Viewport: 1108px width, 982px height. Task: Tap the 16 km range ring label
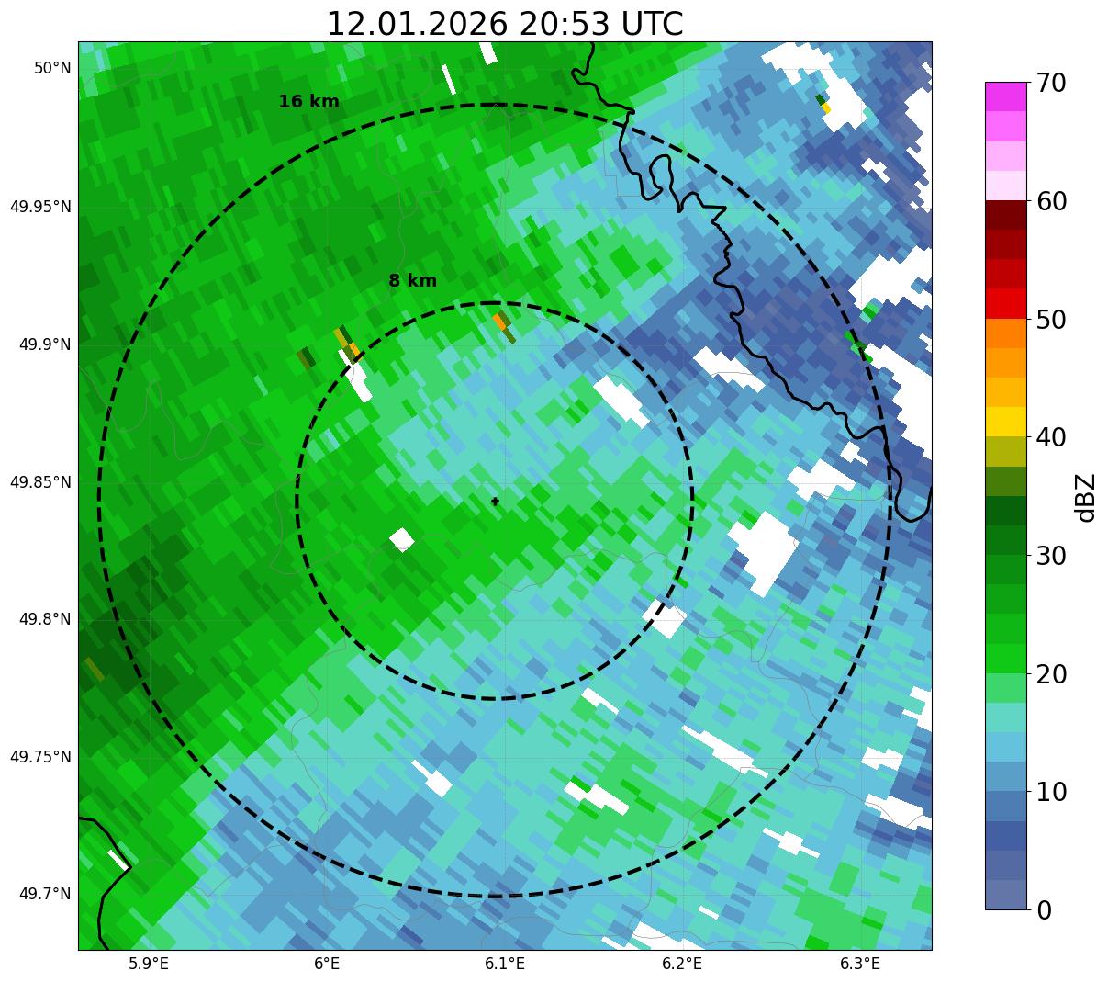pos(308,102)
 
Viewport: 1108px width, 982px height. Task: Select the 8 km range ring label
pos(412,281)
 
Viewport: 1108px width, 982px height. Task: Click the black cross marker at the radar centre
pos(495,501)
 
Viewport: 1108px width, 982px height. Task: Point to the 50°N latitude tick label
pos(52,68)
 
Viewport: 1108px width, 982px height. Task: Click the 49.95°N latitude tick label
pos(40,207)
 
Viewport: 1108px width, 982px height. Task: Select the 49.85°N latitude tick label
pos(40,482)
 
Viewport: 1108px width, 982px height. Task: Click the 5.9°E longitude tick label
pos(148,964)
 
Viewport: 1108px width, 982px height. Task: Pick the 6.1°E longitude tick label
pos(504,964)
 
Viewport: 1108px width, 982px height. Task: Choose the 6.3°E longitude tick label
pos(860,964)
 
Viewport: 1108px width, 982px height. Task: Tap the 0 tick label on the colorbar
pos(1044,910)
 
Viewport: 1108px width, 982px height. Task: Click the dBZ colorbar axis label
pos(1087,497)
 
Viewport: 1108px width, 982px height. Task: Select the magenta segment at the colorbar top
pos(1005,96)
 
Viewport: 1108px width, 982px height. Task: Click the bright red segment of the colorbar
pos(1005,303)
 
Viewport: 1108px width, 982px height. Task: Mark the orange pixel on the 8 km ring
pos(498,322)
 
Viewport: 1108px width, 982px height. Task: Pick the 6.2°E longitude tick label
pos(682,964)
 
